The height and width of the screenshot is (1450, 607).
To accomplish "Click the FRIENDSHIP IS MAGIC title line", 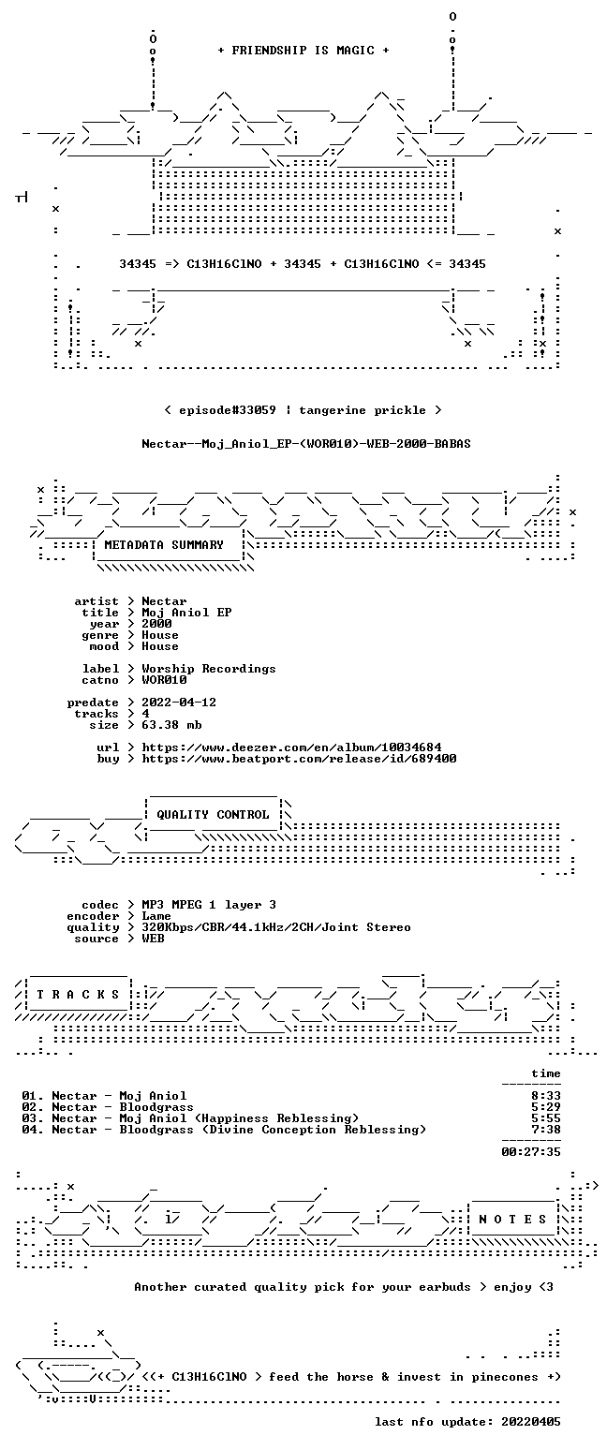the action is (303, 51).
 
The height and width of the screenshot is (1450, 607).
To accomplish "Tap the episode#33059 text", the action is (228, 410).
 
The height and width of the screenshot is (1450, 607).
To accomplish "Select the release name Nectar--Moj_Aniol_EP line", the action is (306, 444).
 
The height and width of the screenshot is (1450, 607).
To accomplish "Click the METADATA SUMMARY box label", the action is (164, 545).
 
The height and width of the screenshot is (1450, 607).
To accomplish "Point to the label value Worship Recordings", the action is (208, 670).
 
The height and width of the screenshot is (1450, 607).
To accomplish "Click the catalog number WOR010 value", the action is (164, 680).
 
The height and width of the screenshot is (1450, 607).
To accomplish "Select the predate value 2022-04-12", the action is (179, 703).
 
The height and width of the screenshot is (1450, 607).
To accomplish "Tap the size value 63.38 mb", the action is (171, 725).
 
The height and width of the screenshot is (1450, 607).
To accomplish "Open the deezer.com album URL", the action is (292, 747).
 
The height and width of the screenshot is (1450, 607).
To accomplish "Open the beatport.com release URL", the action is (299, 759).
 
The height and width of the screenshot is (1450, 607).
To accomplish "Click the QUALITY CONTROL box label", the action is (213, 815).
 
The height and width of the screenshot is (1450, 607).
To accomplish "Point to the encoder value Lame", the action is (156, 917).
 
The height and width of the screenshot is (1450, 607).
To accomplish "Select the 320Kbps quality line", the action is (276, 927).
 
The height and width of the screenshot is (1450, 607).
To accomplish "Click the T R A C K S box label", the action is (79, 995).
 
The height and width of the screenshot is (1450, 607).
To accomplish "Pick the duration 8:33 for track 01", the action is (546, 1097).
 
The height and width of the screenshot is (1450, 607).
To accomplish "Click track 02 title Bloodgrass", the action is (156, 1107).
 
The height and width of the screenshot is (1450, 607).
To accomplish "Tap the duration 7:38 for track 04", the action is (546, 1131).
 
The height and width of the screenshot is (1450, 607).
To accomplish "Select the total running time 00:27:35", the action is (531, 1152).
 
